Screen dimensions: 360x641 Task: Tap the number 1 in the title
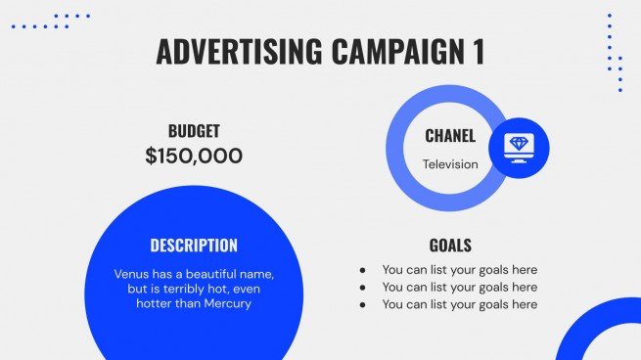[478, 51]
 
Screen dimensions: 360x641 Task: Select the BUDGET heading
[194, 131]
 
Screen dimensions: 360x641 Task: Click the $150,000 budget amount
[194, 156]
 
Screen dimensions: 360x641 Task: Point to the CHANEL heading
[450, 137]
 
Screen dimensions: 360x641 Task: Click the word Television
[450, 164]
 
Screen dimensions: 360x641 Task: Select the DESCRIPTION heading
[194, 246]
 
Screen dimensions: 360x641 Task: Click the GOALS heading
[450, 246]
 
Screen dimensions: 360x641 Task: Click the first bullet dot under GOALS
[363, 270]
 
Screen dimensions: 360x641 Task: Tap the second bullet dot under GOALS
[363, 288]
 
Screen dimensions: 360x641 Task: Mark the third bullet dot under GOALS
[363, 305]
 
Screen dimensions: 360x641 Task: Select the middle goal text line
[459, 288]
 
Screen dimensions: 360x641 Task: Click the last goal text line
[459, 305]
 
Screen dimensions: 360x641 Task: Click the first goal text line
[459, 270]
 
